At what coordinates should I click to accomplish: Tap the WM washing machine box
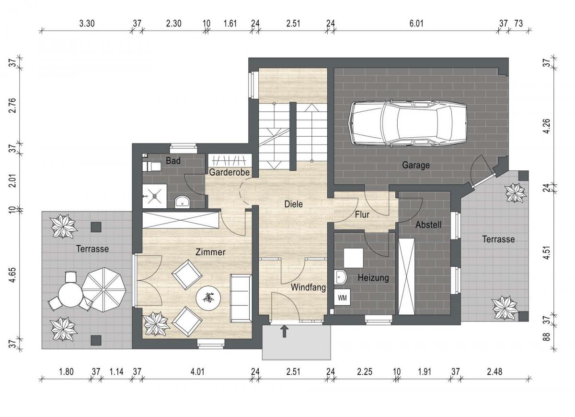click(x=342, y=298)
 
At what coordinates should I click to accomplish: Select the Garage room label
click(x=416, y=165)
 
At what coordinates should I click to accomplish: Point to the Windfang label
click(x=308, y=287)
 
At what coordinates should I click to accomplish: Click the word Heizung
click(x=373, y=278)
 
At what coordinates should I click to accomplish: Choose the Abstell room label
click(x=428, y=225)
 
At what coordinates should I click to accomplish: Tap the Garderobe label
click(x=229, y=172)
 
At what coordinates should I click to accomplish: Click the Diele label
click(x=293, y=204)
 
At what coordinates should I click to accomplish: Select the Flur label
click(x=362, y=214)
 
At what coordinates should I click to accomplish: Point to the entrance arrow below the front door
click(x=284, y=332)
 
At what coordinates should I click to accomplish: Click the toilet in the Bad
click(x=152, y=167)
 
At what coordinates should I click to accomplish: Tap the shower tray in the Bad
click(x=154, y=196)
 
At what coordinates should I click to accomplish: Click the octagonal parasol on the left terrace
click(x=103, y=289)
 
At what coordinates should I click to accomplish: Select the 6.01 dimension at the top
click(x=416, y=24)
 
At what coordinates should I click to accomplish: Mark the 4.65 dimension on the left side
click(x=13, y=275)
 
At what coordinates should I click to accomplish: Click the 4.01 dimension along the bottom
click(x=197, y=372)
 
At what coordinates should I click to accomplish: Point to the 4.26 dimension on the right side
click(x=547, y=126)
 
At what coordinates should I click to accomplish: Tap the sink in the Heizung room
click(x=340, y=277)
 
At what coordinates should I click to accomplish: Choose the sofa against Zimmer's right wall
click(x=241, y=298)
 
